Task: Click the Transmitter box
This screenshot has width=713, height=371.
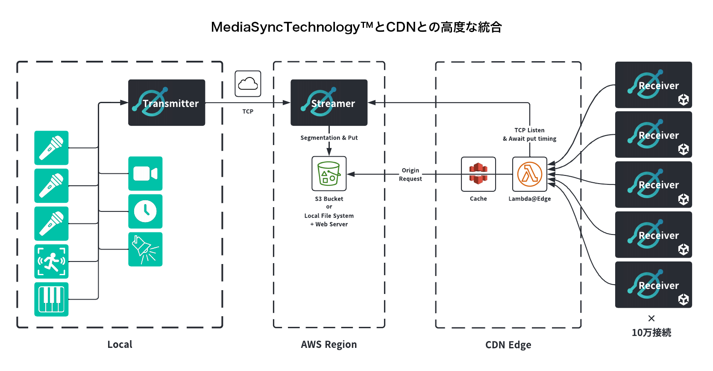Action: tap(167, 103)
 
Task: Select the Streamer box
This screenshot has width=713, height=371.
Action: tap(329, 103)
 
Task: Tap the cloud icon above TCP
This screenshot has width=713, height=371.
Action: tap(248, 83)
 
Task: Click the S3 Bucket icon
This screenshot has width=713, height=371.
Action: tap(329, 173)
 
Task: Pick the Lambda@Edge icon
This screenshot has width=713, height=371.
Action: tap(530, 174)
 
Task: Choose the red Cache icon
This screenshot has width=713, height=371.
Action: tap(478, 174)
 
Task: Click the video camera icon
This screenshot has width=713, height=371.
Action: tap(145, 173)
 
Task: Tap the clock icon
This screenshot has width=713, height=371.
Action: tap(145, 211)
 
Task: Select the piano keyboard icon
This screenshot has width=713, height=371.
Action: tap(51, 299)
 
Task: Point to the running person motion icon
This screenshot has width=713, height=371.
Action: tap(51, 261)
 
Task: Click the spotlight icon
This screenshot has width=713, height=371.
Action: tap(145, 249)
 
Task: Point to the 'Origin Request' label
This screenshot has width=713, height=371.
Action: tap(411, 175)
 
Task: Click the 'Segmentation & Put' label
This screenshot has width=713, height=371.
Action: tap(329, 138)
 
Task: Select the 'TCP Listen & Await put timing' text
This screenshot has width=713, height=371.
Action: tap(530, 134)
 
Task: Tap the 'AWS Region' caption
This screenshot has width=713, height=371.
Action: tap(329, 344)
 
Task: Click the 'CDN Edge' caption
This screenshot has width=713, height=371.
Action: tap(508, 345)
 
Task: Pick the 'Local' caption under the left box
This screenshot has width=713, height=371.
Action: tap(120, 344)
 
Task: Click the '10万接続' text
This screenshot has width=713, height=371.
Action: tap(651, 332)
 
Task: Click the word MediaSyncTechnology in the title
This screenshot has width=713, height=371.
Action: tap(285, 27)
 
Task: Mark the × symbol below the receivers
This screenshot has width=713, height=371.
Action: tap(651, 318)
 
